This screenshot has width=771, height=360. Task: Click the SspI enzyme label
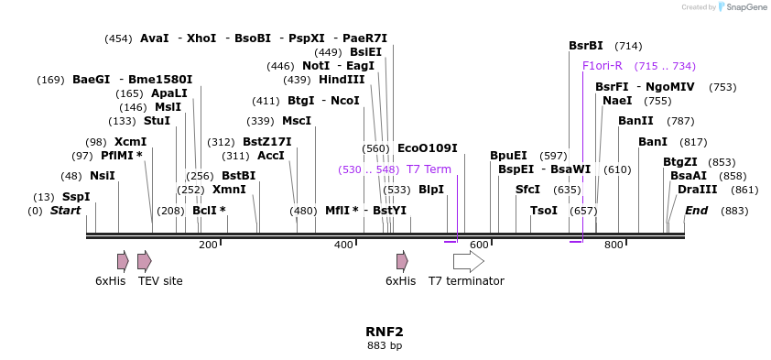pyautogui.click(x=76, y=197)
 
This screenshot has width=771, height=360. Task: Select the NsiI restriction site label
pyautogui.click(x=102, y=176)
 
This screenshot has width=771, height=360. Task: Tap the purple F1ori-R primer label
pyautogui.click(x=602, y=66)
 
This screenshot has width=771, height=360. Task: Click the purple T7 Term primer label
pyautogui.click(x=429, y=169)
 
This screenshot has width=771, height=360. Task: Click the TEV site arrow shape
pyautogui.click(x=145, y=261)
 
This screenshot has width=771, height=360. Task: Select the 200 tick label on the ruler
pyautogui.click(x=208, y=245)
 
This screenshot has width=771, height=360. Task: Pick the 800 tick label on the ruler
pyautogui.click(x=614, y=245)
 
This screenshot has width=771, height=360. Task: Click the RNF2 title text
pyautogui.click(x=385, y=332)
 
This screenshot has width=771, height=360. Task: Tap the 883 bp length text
pyautogui.click(x=385, y=346)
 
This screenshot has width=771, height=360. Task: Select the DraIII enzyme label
pyautogui.click(x=698, y=189)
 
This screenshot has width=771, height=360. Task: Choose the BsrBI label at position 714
pyautogui.click(x=586, y=46)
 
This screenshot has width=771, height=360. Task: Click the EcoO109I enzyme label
pyautogui.click(x=427, y=148)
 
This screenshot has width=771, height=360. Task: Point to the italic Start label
pyautogui.click(x=65, y=211)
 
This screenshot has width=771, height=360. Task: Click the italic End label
pyautogui.click(x=696, y=211)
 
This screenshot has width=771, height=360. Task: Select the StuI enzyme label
pyautogui.click(x=157, y=121)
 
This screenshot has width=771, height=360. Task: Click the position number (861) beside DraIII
pyautogui.click(x=745, y=190)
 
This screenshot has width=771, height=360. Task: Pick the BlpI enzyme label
pyautogui.click(x=430, y=190)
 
